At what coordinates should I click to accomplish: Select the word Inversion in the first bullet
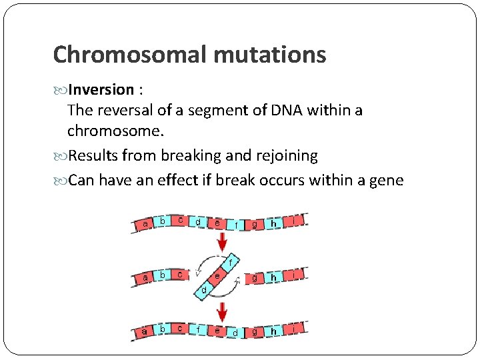[101, 90]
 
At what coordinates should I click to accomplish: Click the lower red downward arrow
[222, 309]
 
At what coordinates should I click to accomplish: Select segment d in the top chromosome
[199, 221]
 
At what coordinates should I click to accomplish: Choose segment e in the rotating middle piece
[218, 275]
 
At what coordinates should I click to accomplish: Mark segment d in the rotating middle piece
[205, 290]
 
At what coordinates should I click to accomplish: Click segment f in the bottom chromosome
[199, 328]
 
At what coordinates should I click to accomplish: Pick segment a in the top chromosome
[145, 225]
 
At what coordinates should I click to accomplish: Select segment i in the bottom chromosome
[294, 328]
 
